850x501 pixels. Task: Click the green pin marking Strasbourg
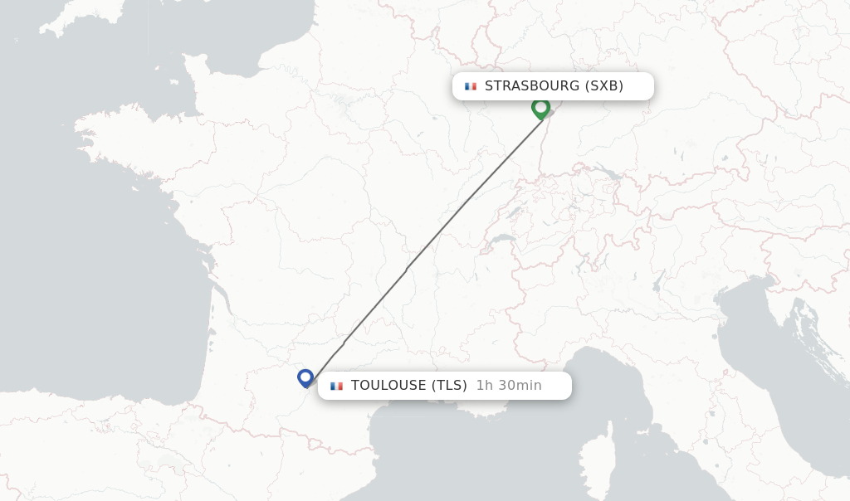tap(540, 108)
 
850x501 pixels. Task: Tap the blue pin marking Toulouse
tap(305, 377)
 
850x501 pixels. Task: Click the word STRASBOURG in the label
tap(531, 86)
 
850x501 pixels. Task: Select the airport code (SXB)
tap(603, 86)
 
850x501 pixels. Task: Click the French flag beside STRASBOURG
tap(471, 86)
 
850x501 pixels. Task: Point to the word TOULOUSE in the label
tap(388, 386)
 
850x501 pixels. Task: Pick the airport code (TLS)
tap(449, 386)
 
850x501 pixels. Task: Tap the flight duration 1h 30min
tap(509, 386)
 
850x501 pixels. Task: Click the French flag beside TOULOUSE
tap(336, 386)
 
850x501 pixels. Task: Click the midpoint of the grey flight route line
tap(423, 246)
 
